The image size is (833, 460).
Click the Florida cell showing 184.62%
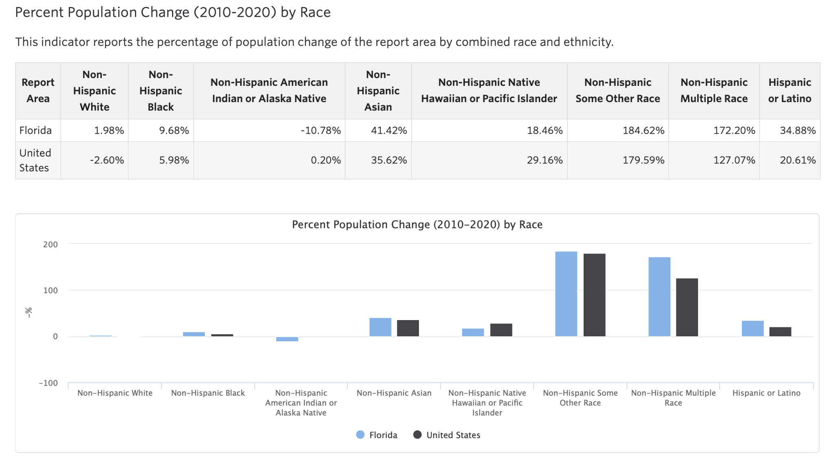[643, 131]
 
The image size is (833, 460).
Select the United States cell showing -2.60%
[107, 160]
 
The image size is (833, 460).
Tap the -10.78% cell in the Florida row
[321, 131]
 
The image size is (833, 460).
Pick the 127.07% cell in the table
[734, 160]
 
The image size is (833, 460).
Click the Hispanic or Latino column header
[789, 91]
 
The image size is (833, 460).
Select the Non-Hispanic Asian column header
[378, 91]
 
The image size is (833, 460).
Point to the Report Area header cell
[38, 91]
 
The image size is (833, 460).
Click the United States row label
[35, 160]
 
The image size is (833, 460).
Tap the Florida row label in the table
[35, 131]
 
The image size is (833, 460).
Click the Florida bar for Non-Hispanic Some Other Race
[566, 294]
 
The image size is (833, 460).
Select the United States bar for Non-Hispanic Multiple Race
[687, 307]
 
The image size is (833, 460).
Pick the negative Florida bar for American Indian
[287, 339]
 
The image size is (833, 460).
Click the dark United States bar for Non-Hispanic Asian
[408, 328]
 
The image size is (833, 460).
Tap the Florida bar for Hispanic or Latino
[752, 329]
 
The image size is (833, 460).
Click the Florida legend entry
[377, 435]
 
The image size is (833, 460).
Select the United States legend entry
[447, 435]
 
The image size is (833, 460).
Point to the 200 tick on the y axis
[51, 244]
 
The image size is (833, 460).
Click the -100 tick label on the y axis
[48, 383]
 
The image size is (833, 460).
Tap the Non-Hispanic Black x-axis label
[208, 393]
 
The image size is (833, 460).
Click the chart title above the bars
[417, 225]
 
